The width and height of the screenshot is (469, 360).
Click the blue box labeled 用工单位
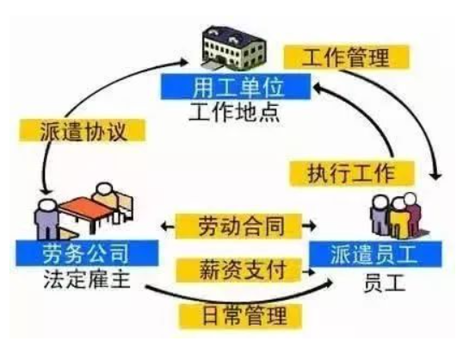click(x=236, y=87)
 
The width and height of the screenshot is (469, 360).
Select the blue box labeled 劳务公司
click(x=87, y=253)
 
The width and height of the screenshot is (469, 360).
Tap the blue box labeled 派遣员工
click(x=375, y=254)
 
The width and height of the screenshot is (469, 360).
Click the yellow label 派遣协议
click(x=83, y=130)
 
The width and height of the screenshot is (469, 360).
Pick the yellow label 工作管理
click(x=346, y=57)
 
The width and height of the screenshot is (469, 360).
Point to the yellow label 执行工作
click(x=352, y=173)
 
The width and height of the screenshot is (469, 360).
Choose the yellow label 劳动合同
click(x=238, y=226)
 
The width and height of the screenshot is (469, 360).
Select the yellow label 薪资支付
click(x=238, y=270)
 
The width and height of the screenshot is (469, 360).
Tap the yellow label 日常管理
click(x=240, y=316)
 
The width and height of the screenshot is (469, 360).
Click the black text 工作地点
click(x=235, y=112)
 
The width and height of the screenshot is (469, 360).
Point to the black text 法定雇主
click(x=87, y=278)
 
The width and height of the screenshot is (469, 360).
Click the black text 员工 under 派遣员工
click(x=385, y=282)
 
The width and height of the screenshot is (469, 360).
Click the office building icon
click(x=234, y=47)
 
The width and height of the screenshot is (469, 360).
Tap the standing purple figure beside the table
click(x=46, y=219)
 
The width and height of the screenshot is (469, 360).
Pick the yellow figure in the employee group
click(x=398, y=218)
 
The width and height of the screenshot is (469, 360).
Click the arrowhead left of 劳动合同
click(x=164, y=226)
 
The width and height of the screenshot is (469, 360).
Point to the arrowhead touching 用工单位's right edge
click(x=317, y=89)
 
